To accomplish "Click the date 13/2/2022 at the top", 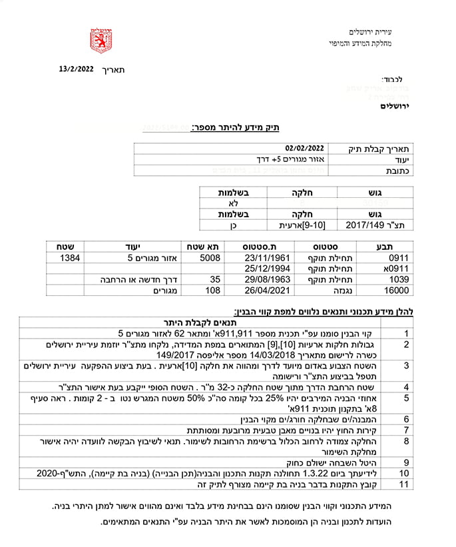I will point(76,69).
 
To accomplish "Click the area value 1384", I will point(71,257).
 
